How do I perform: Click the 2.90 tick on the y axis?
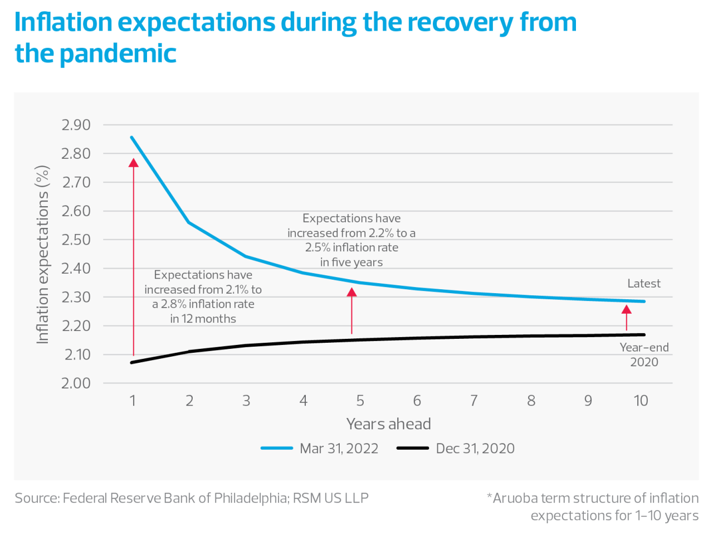click(76, 125)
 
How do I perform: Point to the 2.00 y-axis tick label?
click(76, 383)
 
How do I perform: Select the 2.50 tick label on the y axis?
click(76, 240)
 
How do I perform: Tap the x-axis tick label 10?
click(641, 401)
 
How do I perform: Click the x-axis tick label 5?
click(360, 401)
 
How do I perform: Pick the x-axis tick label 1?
click(133, 401)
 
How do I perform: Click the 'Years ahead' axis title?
click(388, 424)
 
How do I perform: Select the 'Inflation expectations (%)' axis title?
click(42, 255)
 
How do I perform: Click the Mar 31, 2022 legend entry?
click(339, 449)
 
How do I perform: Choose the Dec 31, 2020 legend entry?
click(475, 449)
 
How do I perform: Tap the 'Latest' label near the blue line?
click(643, 284)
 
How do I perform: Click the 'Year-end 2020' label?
click(644, 354)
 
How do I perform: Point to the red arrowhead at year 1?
click(134, 163)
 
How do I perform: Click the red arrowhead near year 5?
click(351, 292)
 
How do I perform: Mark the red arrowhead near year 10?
click(626, 309)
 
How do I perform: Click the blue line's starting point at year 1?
click(132, 137)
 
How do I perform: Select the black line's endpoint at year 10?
click(644, 335)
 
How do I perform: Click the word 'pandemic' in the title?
click(118, 54)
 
